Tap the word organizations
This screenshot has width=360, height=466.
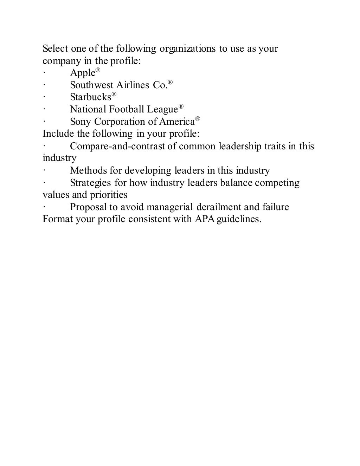188,48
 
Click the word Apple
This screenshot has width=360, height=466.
83,73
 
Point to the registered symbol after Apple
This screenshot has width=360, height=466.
98,70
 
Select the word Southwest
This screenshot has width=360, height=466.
91,85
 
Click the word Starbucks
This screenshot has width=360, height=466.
90,97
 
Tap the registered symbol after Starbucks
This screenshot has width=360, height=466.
114,94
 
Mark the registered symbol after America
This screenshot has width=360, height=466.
198,119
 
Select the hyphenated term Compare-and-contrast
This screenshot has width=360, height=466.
117,146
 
